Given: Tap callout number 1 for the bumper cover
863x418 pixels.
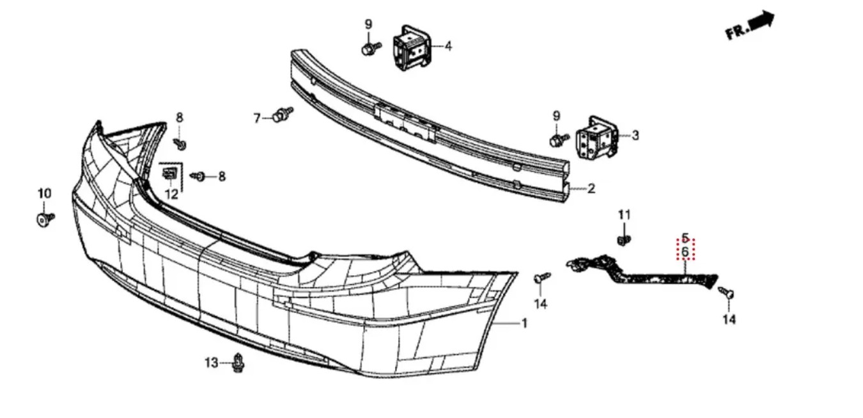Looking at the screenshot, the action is tap(524, 323).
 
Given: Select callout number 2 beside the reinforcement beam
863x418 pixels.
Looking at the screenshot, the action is tap(591, 189).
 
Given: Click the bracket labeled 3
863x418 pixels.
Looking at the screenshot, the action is tap(595, 138).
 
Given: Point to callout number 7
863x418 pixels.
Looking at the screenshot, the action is tap(257, 118).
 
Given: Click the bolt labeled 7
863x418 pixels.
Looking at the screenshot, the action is tap(283, 115).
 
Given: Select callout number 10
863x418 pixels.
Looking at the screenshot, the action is tap(44, 193).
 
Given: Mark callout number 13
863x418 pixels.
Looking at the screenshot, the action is tap(211, 363).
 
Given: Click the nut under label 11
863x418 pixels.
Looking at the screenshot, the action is tap(624, 241).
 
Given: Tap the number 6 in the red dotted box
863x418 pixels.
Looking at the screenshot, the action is tap(685, 252).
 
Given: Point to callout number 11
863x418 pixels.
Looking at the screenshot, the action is tap(624, 214).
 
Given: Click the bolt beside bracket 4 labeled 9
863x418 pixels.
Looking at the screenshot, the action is tap(371, 48).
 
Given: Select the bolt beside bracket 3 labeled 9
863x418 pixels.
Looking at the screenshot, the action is tap(559, 140).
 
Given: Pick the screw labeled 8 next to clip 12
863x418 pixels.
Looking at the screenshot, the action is tap(199, 177).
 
